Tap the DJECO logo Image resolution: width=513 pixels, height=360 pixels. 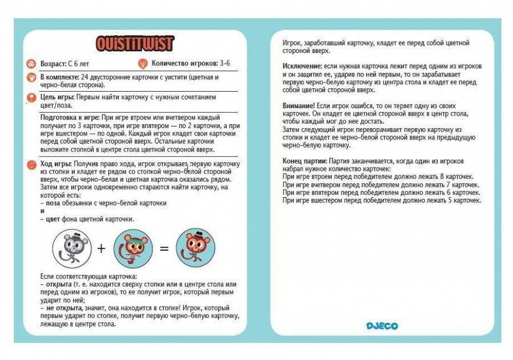click(382, 326)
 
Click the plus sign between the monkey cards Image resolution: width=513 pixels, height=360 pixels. click(101, 248)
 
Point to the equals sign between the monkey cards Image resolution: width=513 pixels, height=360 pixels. click(164, 248)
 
